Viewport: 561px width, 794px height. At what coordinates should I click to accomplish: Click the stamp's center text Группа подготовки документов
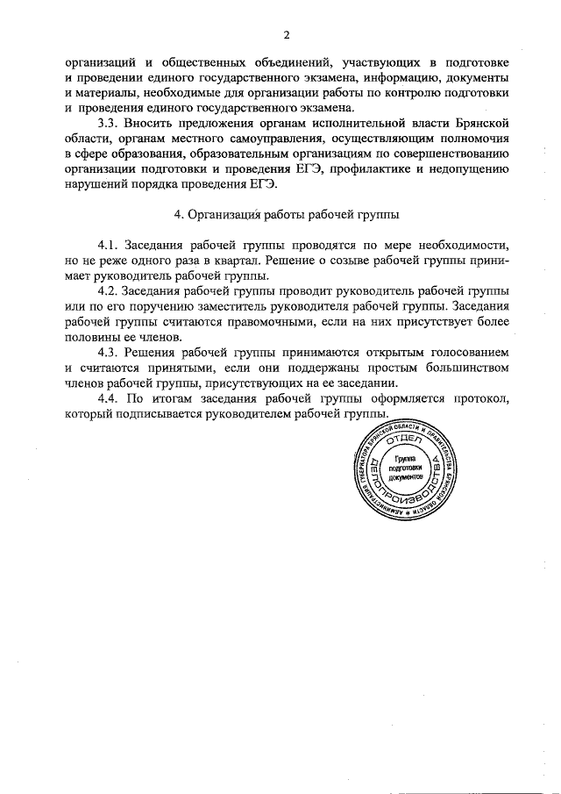(x=403, y=469)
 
